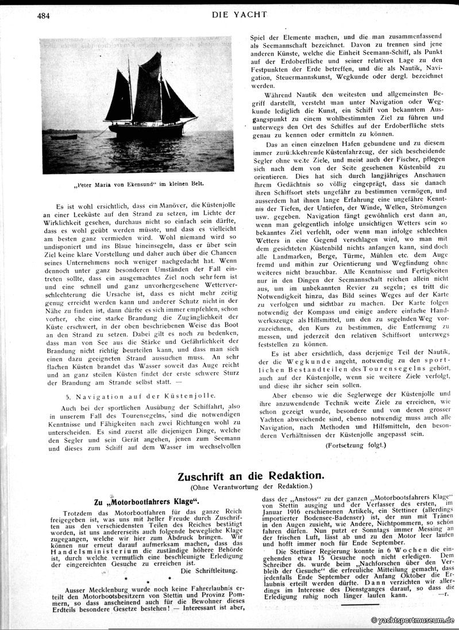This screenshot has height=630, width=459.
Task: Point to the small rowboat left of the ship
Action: pos(63,137)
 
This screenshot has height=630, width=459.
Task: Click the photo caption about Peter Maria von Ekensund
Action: pos(140,185)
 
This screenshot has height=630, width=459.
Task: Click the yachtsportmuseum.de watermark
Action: pos(412,621)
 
